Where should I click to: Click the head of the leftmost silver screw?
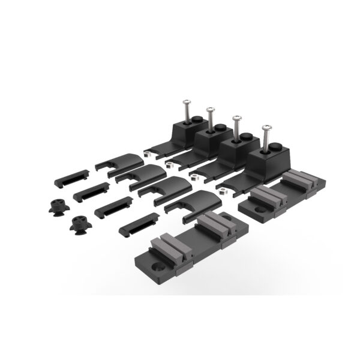coord(185,103)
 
